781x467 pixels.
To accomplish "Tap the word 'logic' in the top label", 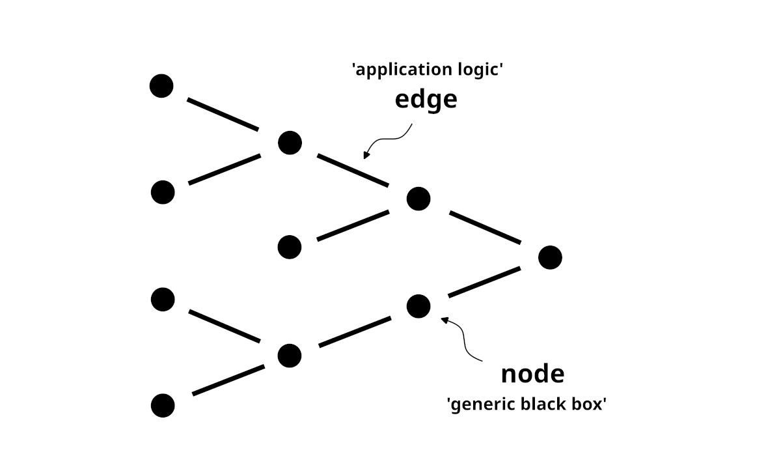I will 482,70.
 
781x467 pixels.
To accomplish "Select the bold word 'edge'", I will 426,99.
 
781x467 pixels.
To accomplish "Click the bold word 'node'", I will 532,374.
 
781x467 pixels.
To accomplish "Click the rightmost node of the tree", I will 550,258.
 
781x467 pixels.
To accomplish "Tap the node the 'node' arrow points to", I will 418,305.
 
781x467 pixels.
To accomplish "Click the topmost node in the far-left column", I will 161,86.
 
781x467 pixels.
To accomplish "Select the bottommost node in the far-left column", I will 163,405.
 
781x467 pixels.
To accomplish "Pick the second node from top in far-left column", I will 163,192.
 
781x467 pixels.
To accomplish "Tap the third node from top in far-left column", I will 163,300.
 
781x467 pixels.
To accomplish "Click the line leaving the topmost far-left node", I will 223,113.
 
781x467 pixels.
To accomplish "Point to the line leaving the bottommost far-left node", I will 228,380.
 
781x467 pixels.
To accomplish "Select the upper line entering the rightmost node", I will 485,227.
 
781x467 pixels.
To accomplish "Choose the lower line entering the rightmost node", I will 485,282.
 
